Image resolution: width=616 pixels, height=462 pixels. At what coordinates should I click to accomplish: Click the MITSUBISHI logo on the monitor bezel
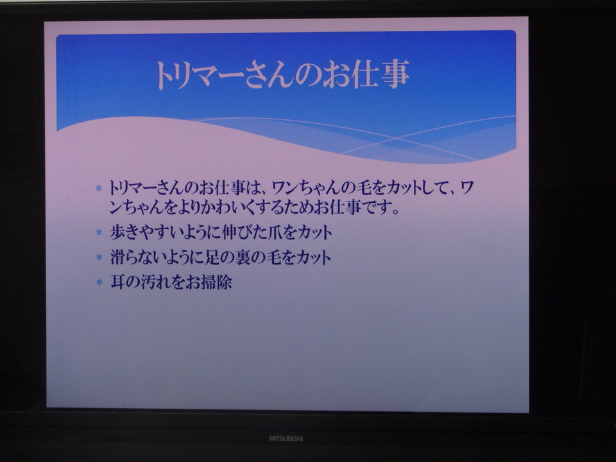pyautogui.click(x=286, y=438)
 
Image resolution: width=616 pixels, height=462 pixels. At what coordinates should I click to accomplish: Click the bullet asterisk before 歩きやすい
pyautogui.click(x=99, y=232)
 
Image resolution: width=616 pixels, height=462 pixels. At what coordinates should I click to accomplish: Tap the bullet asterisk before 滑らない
pyautogui.click(x=99, y=257)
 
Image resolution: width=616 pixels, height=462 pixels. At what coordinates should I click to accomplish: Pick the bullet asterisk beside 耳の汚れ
pyautogui.click(x=99, y=282)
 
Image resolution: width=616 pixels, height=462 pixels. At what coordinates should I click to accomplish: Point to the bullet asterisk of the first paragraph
pyautogui.click(x=99, y=188)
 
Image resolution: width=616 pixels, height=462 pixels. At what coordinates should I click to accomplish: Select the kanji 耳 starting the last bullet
pyautogui.click(x=117, y=282)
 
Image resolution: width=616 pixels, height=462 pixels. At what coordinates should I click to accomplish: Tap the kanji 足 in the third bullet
pyautogui.click(x=213, y=257)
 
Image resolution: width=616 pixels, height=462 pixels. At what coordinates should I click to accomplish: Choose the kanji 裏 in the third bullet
pyautogui.click(x=243, y=257)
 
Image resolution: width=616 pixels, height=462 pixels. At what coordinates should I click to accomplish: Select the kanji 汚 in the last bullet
pyautogui.click(x=148, y=282)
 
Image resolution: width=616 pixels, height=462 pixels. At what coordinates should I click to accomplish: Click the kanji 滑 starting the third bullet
pyautogui.click(x=117, y=257)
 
